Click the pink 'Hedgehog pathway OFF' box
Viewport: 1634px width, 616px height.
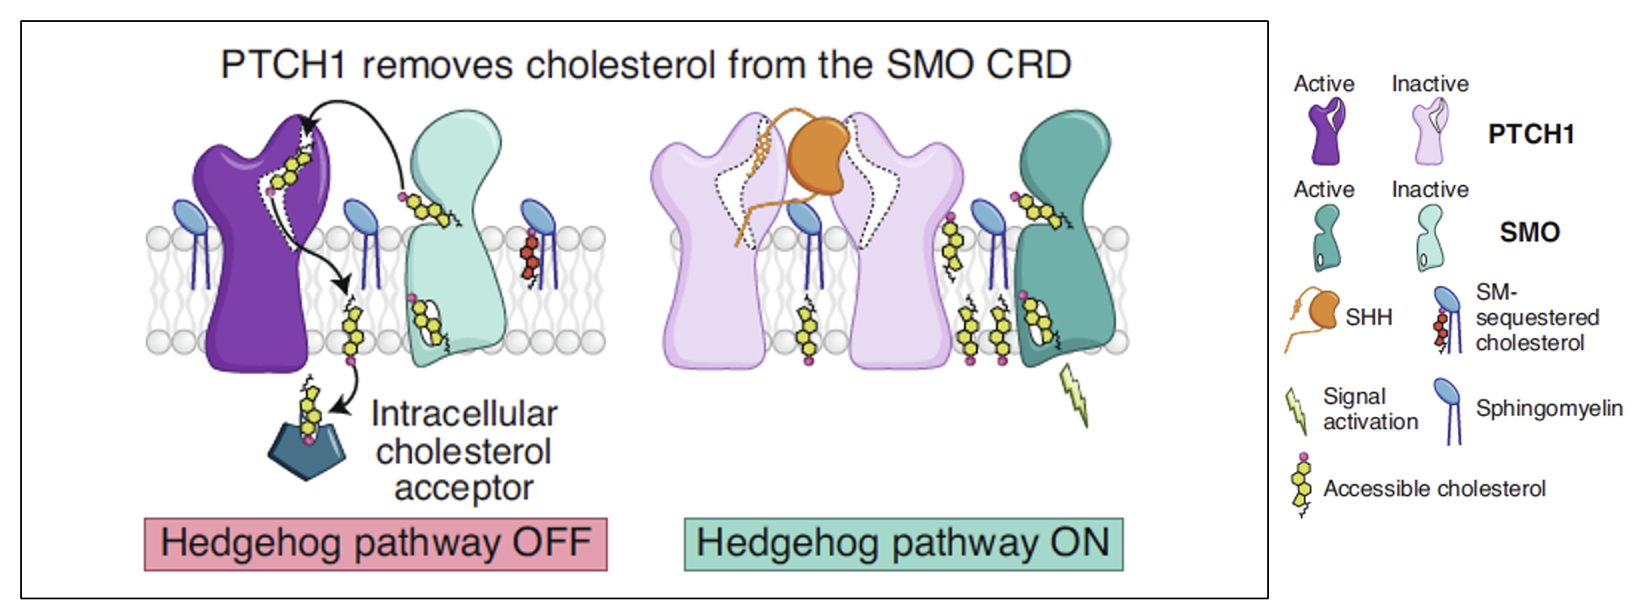tap(376, 544)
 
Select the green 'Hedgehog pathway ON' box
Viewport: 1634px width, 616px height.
tap(903, 544)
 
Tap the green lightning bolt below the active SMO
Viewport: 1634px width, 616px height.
tap(1076, 395)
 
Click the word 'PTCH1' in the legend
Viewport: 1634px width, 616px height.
tap(1530, 134)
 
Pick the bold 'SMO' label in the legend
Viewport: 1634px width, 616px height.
tap(1529, 233)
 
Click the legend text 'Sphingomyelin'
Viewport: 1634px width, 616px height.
tap(1549, 409)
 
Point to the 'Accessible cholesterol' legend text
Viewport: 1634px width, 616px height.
tap(1434, 489)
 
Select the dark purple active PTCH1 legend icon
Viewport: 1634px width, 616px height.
tap(1326, 132)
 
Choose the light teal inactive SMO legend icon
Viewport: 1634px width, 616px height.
tap(1430, 237)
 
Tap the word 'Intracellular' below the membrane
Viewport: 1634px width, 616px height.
tap(464, 413)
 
